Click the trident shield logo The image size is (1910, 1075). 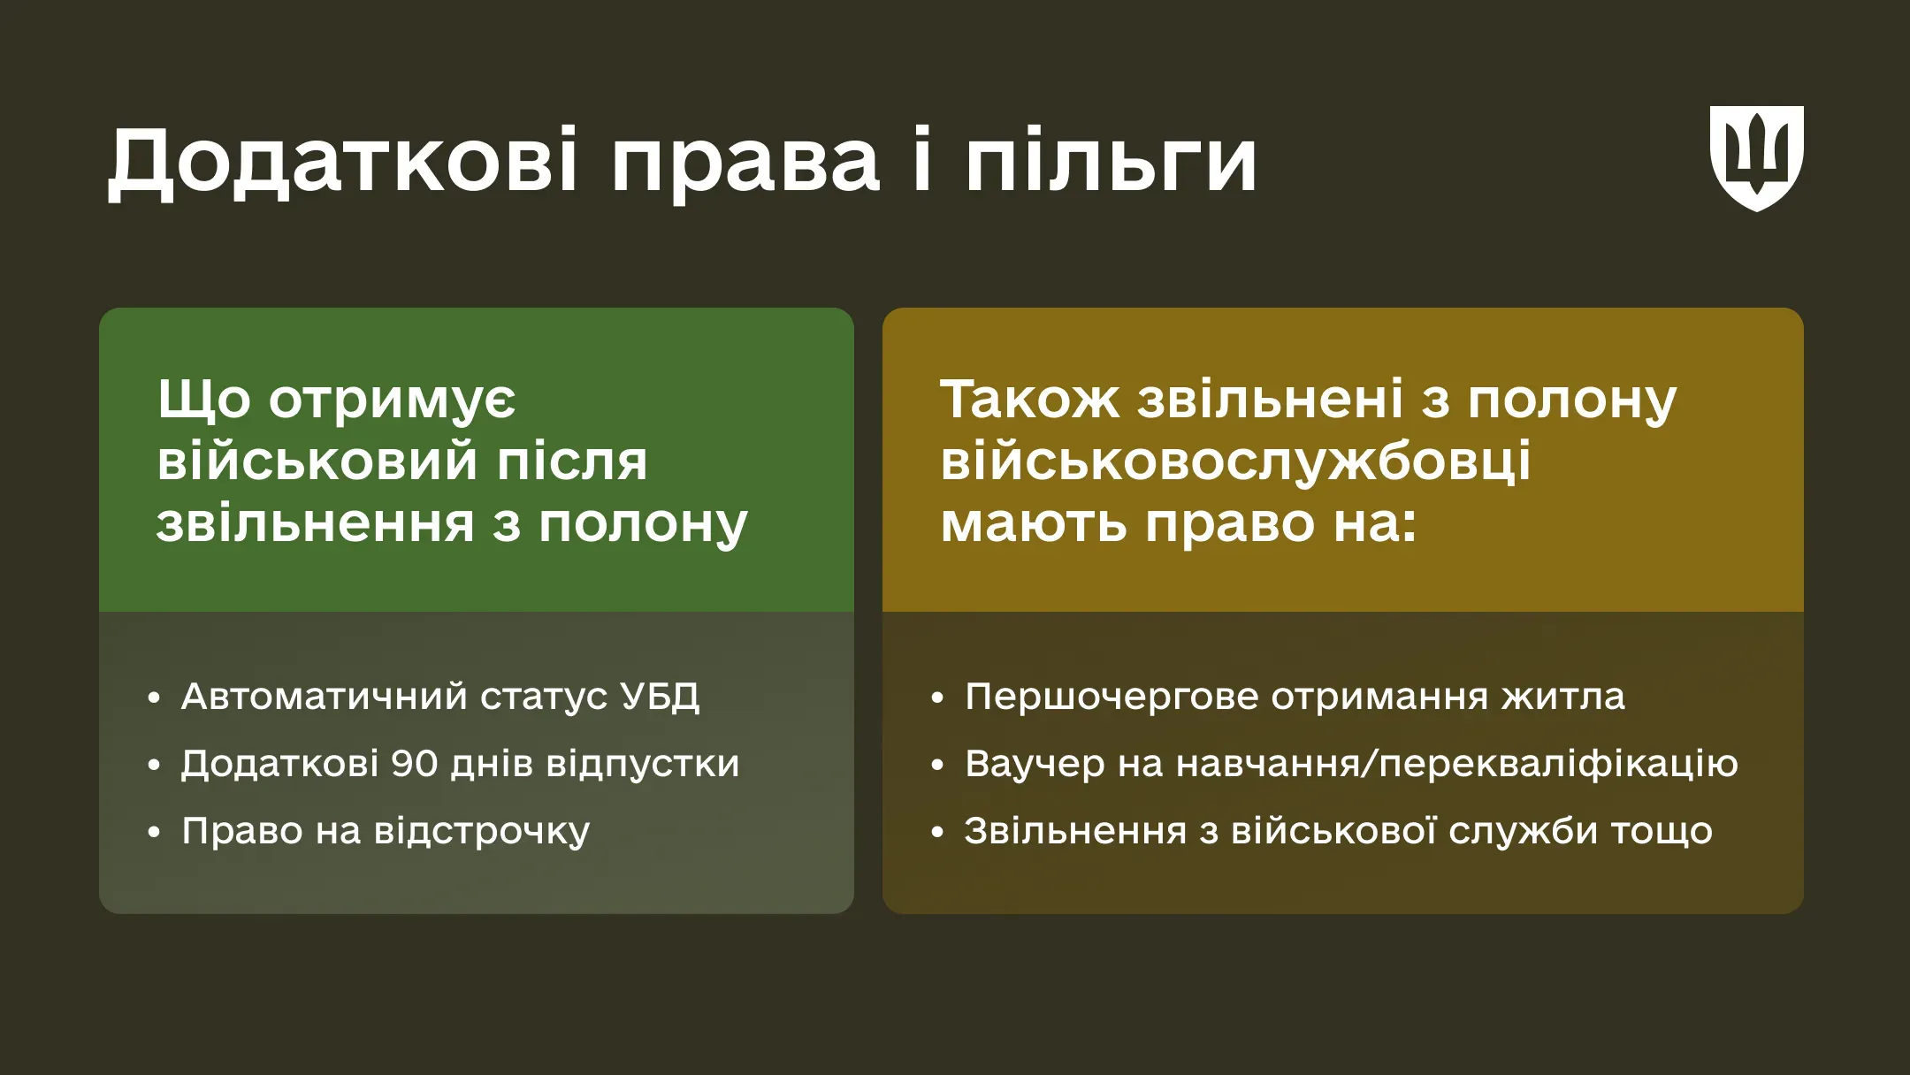(x=1756, y=157)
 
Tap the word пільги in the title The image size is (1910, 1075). (x=1111, y=161)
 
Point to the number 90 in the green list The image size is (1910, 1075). (x=415, y=764)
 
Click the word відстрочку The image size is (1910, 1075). (x=482, y=831)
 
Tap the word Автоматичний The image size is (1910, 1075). (x=324, y=697)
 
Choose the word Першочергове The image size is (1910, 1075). (x=1112, y=697)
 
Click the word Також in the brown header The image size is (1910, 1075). (x=1029, y=400)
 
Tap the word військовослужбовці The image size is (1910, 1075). (x=1235, y=461)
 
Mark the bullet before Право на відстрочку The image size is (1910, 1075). (x=155, y=832)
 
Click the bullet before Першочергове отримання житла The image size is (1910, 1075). (x=938, y=698)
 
